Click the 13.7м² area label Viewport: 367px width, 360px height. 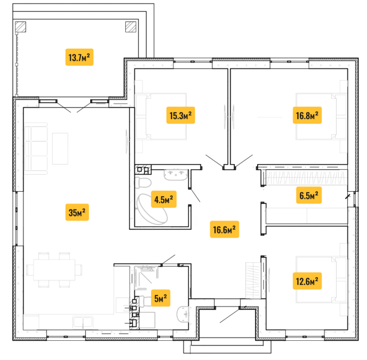pyautogui.click(x=79, y=57)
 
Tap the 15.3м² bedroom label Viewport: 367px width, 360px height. pyautogui.click(x=180, y=115)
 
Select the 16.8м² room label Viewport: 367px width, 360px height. pyautogui.click(x=307, y=115)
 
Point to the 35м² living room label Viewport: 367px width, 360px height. pyautogui.click(x=77, y=212)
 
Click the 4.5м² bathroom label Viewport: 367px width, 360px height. pyautogui.click(x=164, y=199)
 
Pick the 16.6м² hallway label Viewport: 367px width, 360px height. pyautogui.click(x=224, y=229)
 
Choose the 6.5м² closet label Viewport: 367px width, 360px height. pyautogui.click(x=309, y=195)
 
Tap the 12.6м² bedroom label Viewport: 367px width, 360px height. pyautogui.click(x=307, y=281)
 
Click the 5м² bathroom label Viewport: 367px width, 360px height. pyautogui.click(x=161, y=298)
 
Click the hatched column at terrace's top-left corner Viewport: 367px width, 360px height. pyautogui.click(x=21, y=27)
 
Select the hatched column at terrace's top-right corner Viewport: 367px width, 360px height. pyautogui.click(x=131, y=27)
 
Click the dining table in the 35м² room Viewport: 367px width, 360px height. pyautogui.click(x=54, y=270)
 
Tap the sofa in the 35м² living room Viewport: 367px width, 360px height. pyautogui.click(x=36, y=148)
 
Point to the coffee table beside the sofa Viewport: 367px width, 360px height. pyautogui.click(x=60, y=148)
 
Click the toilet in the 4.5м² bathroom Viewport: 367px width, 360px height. pyautogui.click(x=143, y=183)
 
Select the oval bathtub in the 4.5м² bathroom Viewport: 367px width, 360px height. pyautogui.click(x=151, y=209)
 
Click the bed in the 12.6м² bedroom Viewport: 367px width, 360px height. pyautogui.click(x=321, y=279)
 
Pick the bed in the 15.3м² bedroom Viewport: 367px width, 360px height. pyautogui.click(x=161, y=116)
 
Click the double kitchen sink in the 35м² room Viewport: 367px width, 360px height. pyautogui.click(x=83, y=322)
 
